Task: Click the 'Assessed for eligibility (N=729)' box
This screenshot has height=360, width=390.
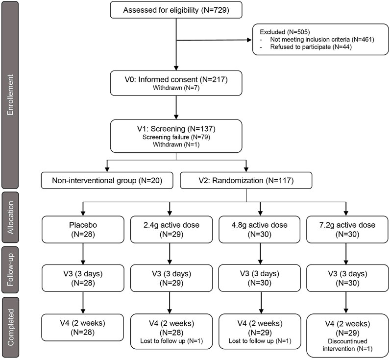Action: pyautogui.click(x=176, y=10)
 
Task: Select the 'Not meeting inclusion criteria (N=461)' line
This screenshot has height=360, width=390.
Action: pyautogui.click(x=322, y=39)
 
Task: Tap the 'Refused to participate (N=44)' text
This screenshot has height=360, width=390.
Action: pyautogui.click(x=311, y=47)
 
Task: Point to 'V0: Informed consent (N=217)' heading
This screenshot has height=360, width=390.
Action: pyautogui.click(x=176, y=79)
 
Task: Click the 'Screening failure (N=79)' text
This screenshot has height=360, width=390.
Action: pyautogui.click(x=176, y=137)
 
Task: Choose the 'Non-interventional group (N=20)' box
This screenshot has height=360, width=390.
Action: pyautogui.click(x=107, y=180)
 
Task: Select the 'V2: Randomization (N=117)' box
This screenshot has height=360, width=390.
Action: pyautogui.click(x=246, y=180)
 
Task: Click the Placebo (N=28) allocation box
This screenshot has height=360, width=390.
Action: pyautogui.click(x=83, y=230)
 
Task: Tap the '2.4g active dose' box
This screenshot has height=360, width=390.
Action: pyautogui.click(x=171, y=230)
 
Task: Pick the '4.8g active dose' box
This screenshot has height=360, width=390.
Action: pyautogui.click(x=260, y=230)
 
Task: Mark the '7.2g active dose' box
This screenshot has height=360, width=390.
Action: pyautogui.click(x=347, y=230)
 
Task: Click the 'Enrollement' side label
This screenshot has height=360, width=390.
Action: pyautogui.click(x=10, y=95)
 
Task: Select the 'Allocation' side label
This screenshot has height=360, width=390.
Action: pyautogui.click(x=10, y=217)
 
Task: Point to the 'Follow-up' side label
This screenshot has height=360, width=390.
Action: pyautogui.click(x=10, y=270)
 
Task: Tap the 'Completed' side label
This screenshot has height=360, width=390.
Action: pyautogui.click(x=10, y=327)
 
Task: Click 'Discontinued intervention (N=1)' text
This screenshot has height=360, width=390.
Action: pyautogui.click(x=348, y=345)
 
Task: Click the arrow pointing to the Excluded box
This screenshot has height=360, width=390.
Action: pyautogui.click(x=214, y=40)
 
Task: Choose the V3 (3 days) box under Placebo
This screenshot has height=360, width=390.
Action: pyautogui.click(x=83, y=278)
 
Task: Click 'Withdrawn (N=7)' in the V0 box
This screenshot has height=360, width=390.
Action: pyautogui.click(x=176, y=88)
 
